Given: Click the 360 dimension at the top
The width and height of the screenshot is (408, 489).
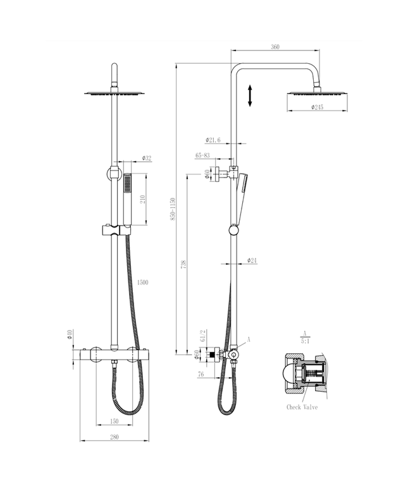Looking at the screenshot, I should pos(275,46).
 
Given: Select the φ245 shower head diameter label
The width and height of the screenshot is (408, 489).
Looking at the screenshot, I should pos(317,107).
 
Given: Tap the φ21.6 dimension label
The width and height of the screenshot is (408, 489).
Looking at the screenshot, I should pos(213,140).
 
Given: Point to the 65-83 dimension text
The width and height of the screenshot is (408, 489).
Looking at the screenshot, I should pos(203,154).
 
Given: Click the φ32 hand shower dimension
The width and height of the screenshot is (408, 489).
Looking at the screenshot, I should pos(146,158).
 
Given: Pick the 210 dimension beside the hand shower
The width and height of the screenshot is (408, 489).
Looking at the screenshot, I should pos(143,198).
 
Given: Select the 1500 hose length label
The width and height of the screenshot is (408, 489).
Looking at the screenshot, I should pos(142,282).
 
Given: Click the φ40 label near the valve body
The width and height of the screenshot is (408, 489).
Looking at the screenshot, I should pos(71,333).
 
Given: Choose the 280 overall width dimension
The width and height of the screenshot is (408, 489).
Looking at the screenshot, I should pos(114,437).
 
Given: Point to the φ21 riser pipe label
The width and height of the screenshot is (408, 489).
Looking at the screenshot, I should pos(251,260).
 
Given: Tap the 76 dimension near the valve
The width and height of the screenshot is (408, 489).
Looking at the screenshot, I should pos(200,373).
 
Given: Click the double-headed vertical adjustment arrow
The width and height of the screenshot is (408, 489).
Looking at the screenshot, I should pos(250,95).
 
